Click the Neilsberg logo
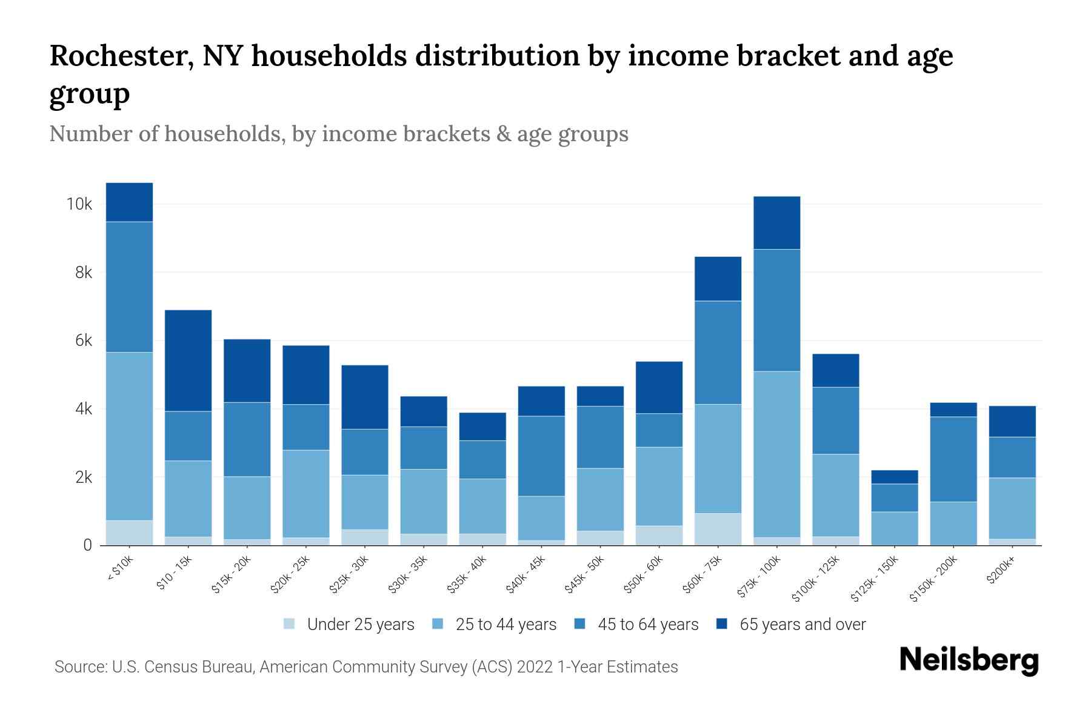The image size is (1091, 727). point(969,660)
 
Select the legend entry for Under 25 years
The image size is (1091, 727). point(360,625)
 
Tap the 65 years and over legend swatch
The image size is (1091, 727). point(722,624)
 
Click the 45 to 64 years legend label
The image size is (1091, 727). point(647,625)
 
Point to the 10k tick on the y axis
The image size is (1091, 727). point(79,204)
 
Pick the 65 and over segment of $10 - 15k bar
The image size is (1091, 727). point(189,360)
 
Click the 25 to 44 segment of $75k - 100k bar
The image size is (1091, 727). point(776,454)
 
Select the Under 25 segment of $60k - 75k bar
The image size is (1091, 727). point(718,529)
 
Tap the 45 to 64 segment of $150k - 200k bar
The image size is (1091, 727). point(953,459)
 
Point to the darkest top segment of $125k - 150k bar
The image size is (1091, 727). point(895,477)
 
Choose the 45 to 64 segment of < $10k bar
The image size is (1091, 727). point(129,287)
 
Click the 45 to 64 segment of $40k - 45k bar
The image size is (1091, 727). point(541,456)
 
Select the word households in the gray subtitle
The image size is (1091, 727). point(224,134)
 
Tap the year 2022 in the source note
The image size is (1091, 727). point(536,667)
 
